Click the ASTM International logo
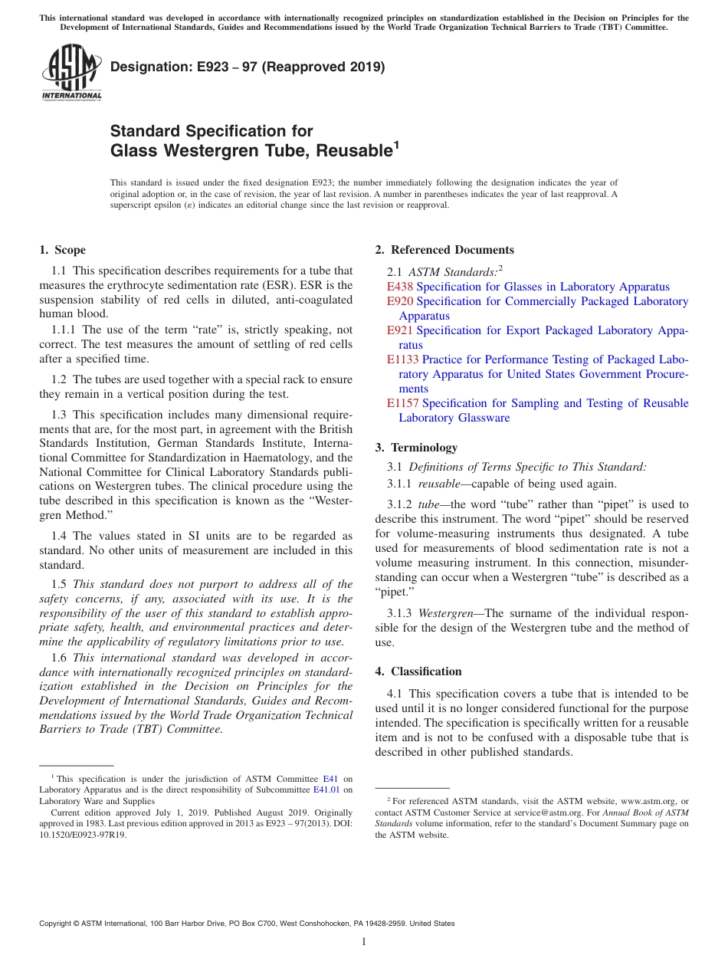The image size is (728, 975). pyautogui.click(x=71, y=73)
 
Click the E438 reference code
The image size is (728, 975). pyautogui.click(x=400, y=287)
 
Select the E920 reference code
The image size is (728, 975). pyautogui.click(x=400, y=301)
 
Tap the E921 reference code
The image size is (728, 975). pyautogui.click(x=400, y=330)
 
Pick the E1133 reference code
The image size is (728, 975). pyautogui.click(x=403, y=359)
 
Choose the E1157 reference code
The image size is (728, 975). pyautogui.click(x=403, y=403)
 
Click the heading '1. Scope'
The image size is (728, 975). pyautogui.click(x=62, y=250)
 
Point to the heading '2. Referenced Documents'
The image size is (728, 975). pyautogui.click(x=444, y=250)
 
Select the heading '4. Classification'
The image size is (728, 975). pyautogui.click(x=418, y=671)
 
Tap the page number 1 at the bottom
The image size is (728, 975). pyautogui.click(x=364, y=942)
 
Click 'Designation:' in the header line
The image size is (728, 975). pyautogui.click(x=146, y=67)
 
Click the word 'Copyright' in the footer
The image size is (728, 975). pyautogui.click(x=57, y=924)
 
